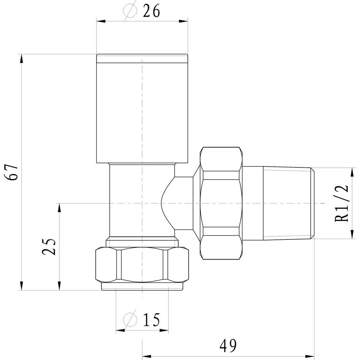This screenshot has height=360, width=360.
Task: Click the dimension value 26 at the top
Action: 151,12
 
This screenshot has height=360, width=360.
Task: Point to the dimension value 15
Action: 151,319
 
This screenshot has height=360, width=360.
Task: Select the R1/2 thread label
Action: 342,203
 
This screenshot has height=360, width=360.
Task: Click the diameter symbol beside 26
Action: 130,12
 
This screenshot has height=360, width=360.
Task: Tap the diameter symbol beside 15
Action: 130,319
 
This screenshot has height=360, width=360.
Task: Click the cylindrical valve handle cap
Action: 142,108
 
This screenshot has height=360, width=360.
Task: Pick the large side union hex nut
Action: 221,203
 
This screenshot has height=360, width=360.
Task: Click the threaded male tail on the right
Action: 288,203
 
